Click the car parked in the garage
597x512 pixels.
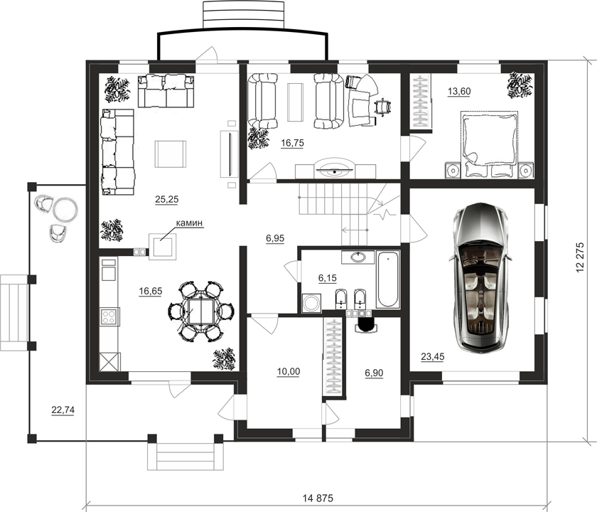(x=480, y=278)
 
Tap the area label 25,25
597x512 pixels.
(x=167, y=199)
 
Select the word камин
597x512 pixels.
(x=189, y=223)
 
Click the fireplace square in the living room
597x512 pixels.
(x=163, y=247)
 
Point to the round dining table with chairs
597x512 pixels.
(x=201, y=311)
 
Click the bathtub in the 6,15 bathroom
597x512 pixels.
(x=387, y=279)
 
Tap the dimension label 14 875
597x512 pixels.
(x=318, y=498)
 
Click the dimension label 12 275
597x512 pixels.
(x=580, y=257)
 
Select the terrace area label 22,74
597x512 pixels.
(x=63, y=410)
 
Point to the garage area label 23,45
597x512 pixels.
(x=433, y=356)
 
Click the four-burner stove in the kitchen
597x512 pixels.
(x=109, y=316)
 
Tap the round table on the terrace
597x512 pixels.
(x=65, y=209)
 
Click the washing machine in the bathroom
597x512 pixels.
(x=311, y=303)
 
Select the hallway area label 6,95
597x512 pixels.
(x=275, y=238)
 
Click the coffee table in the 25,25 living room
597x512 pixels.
(x=171, y=154)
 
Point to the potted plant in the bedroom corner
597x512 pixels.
(x=520, y=85)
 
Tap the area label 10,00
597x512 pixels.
(x=289, y=371)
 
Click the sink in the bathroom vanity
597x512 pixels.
(x=358, y=257)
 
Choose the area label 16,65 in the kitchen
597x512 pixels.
(x=151, y=292)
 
